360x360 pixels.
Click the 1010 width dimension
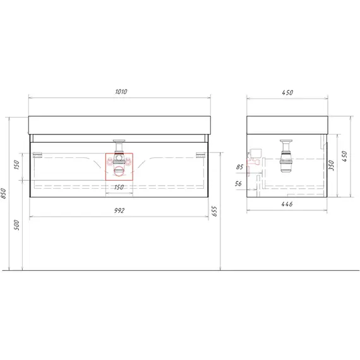click(x=121, y=92)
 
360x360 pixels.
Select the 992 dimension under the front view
click(x=119, y=210)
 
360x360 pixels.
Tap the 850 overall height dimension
click(x=3, y=193)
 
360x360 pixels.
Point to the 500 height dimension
click(x=16, y=225)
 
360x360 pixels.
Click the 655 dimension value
click(x=214, y=211)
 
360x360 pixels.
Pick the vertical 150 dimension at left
click(x=17, y=165)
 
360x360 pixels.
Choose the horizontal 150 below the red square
click(x=119, y=188)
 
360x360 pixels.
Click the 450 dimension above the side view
click(x=287, y=92)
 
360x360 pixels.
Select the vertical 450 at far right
click(x=345, y=157)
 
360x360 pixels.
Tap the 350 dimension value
click(x=332, y=165)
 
